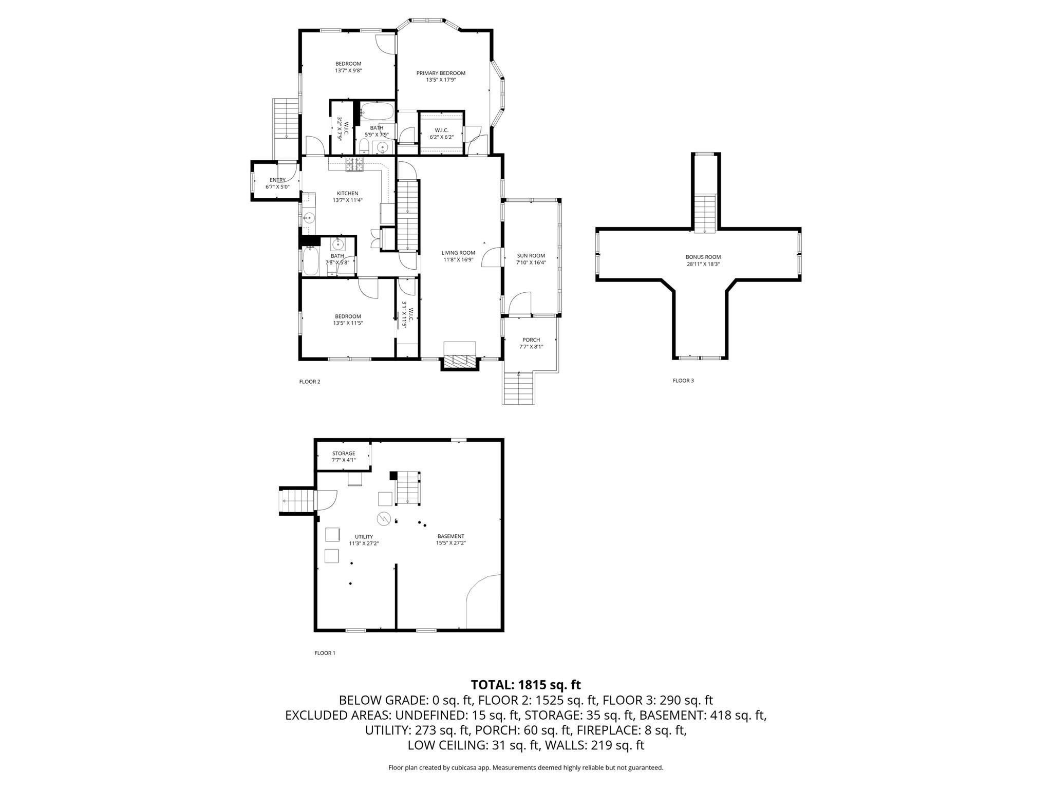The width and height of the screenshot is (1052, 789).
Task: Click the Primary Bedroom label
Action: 441,73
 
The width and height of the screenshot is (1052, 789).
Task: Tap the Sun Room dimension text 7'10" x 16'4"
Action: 531,262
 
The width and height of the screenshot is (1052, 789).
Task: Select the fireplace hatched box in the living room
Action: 460,361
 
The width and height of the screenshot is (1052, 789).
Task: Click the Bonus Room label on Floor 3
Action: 703,257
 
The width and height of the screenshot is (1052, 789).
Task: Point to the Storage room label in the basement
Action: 343,453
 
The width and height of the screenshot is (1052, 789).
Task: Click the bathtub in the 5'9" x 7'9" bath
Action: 377,110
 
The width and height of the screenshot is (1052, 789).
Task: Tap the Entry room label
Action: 277,180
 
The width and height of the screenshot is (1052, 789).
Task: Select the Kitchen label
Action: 347,193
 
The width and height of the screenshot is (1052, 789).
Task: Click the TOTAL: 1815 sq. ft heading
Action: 525,685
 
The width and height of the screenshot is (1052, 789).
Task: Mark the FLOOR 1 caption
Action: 325,653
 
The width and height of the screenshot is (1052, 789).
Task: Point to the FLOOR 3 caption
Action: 683,381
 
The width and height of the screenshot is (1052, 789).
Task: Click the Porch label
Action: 531,340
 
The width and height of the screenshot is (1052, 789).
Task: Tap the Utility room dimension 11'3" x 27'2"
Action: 364,543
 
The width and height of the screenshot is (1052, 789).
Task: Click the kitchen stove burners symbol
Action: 354,164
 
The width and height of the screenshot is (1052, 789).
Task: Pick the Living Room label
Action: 458,253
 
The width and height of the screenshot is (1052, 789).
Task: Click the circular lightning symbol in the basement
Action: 384,519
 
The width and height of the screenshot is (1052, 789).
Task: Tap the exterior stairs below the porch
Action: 518,389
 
